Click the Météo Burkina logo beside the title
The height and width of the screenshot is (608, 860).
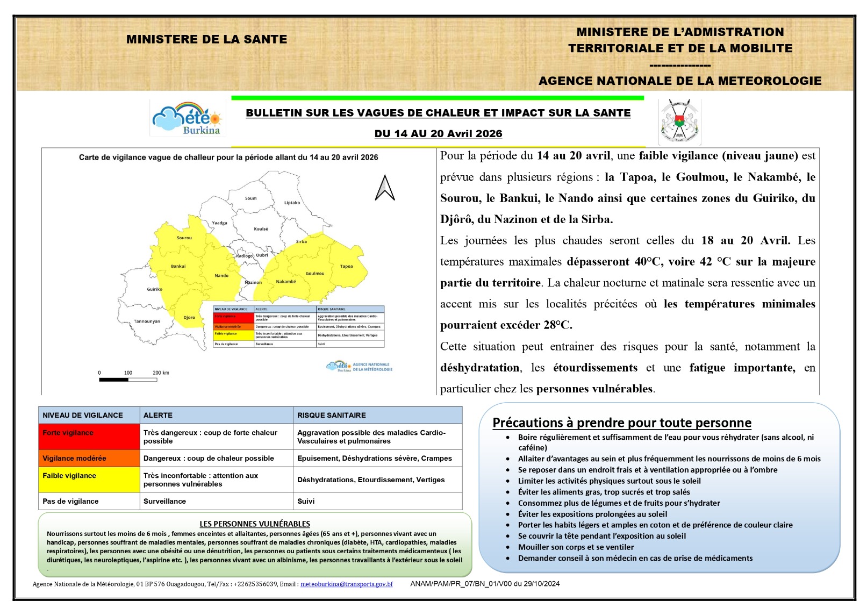point(188,118)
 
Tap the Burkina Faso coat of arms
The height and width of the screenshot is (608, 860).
point(679,121)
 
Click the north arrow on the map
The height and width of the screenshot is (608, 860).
point(385,188)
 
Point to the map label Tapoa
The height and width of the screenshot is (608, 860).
point(346,266)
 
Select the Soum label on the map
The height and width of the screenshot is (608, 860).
point(250,198)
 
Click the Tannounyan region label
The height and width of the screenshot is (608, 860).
point(147,321)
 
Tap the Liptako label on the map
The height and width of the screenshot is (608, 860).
point(292,203)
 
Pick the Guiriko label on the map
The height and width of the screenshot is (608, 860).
point(154,289)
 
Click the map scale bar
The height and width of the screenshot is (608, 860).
point(128,380)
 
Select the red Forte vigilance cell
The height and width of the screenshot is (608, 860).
point(89,437)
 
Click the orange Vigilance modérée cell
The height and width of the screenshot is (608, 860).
point(89,459)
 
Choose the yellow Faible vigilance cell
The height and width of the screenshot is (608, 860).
point(89,480)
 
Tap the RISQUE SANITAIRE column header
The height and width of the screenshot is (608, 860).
point(331,415)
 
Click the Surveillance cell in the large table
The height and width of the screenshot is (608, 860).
point(164,501)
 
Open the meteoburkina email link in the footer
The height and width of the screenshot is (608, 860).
point(346,584)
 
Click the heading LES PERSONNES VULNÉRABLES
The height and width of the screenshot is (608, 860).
point(255,524)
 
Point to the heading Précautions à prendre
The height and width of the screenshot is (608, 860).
point(621,423)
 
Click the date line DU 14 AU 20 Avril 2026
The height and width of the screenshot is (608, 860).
point(438,133)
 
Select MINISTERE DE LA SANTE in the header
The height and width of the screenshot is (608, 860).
point(206,39)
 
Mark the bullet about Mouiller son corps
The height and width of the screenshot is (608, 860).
point(575,547)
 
